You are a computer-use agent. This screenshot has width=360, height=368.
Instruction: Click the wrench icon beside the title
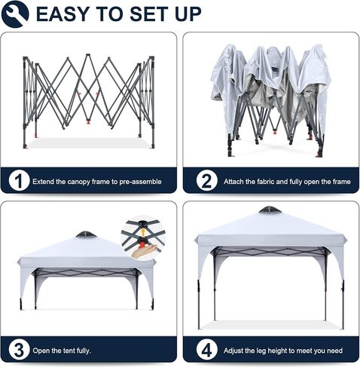[x=15, y=14]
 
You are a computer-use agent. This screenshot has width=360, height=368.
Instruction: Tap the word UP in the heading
[x=188, y=14]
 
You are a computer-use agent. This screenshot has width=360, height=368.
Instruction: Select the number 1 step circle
[x=19, y=180]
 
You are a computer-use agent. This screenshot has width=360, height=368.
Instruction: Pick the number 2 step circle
[x=206, y=180]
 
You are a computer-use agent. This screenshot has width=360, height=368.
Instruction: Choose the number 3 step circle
[x=19, y=350]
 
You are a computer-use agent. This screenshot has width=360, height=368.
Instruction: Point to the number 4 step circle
[x=206, y=350]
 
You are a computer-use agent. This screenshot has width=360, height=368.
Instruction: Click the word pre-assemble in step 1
[x=140, y=182]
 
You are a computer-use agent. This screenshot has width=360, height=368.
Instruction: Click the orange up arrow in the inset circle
[x=143, y=232]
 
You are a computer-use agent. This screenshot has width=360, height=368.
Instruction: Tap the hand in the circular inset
[x=144, y=251]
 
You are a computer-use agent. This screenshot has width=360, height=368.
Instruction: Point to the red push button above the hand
[x=143, y=244]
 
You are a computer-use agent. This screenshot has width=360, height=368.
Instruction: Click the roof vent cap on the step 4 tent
[x=270, y=210]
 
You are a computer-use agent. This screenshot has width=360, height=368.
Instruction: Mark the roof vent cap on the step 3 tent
[x=86, y=235]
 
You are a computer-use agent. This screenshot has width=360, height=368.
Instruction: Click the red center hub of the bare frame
[x=88, y=122]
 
